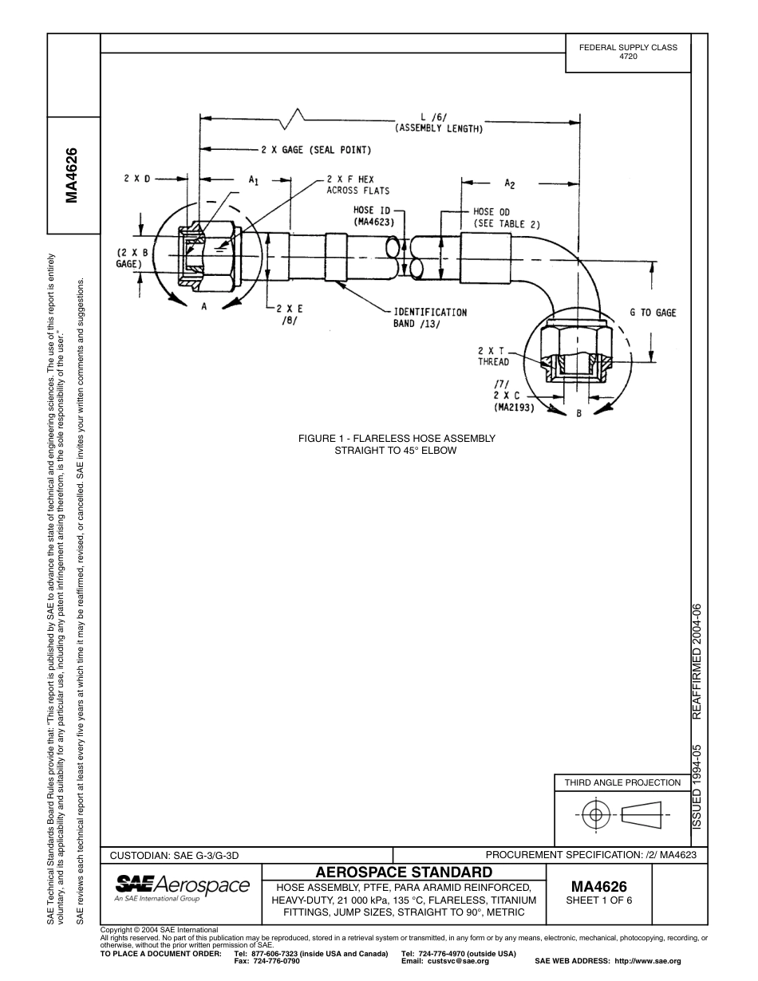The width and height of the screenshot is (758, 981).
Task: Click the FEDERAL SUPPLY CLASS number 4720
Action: click(628, 57)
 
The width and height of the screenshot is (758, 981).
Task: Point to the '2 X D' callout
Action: click(136, 179)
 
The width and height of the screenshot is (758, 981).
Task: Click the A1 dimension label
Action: click(253, 181)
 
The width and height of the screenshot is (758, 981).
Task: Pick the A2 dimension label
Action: click(509, 183)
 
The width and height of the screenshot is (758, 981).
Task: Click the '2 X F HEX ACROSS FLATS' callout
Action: click(357, 185)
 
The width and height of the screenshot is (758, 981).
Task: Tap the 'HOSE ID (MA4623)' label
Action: click(374, 216)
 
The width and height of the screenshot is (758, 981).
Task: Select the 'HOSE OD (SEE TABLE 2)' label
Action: click(507, 218)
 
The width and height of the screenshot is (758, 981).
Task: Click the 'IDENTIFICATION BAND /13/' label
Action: click(429, 317)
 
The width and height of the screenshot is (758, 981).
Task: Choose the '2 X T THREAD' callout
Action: click(493, 356)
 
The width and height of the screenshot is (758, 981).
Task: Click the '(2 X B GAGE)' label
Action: click(132, 258)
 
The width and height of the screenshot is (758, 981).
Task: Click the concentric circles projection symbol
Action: click(594, 815)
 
